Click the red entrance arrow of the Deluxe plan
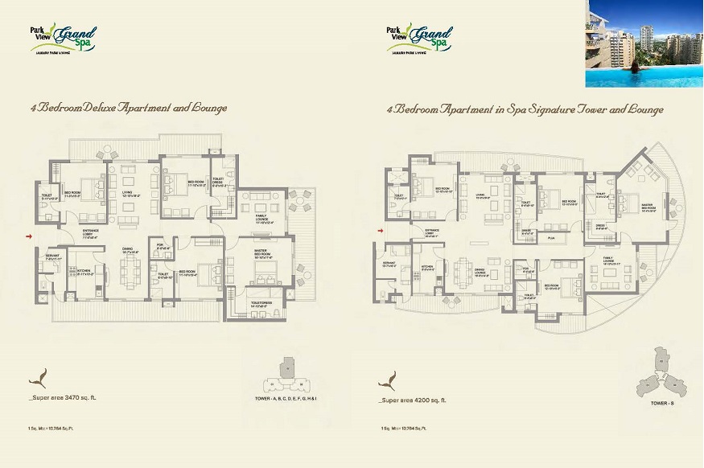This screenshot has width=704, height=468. coord(30,236)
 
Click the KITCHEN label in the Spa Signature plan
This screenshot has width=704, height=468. coord(428,266)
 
